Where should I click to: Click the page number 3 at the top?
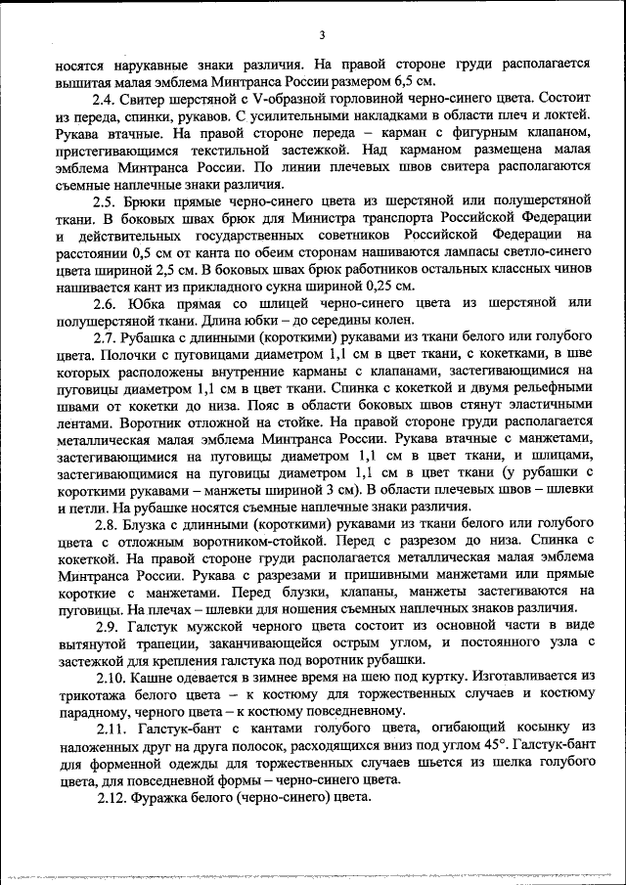pos(321,36)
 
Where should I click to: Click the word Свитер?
pos(147,100)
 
